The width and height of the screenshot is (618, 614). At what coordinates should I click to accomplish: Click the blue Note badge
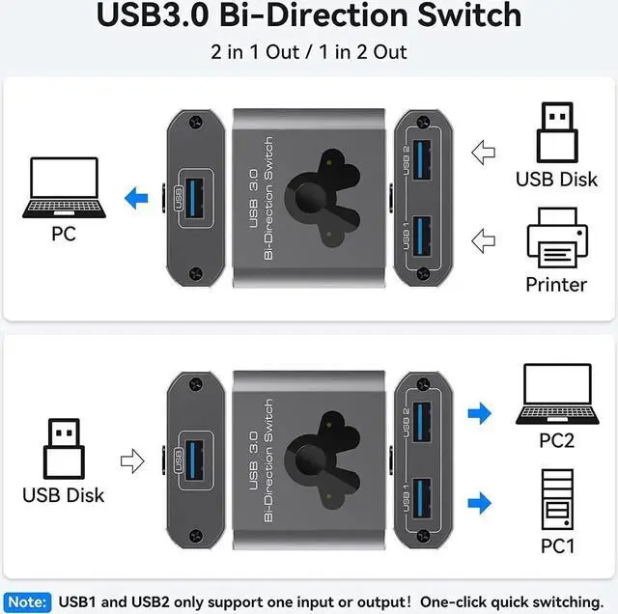click(x=27, y=600)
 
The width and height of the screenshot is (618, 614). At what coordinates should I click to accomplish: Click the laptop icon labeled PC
click(x=64, y=188)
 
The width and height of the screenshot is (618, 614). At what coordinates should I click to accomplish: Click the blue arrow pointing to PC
click(x=136, y=199)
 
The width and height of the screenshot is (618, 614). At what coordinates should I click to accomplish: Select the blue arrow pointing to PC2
click(x=479, y=414)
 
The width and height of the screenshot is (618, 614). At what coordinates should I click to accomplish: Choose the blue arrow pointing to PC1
click(x=479, y=502)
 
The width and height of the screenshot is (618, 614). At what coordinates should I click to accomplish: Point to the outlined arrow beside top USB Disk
click(x=483, y=152)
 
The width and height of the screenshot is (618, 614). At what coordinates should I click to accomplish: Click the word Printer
click(x=556, y=284)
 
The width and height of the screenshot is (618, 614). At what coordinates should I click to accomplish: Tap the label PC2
click(x=557, y=440)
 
